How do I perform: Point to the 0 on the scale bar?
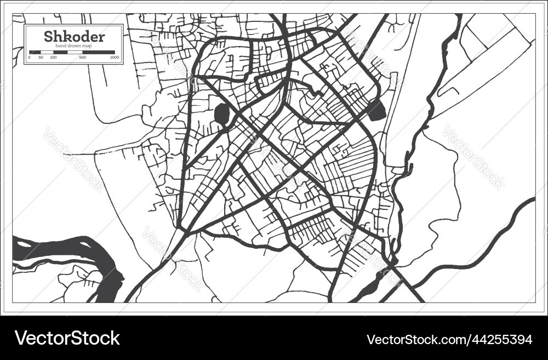[x=29, y=57]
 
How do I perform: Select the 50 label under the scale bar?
[x=41, y=57]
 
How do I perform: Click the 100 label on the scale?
[x=53, y=57]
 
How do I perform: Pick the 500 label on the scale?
[x=82, y=57]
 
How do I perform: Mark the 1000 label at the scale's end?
[x=114, y=57]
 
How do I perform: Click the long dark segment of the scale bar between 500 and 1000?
[x=99, y=53]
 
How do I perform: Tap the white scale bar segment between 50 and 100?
[x=47, y=53]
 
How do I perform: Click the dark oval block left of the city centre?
[x=222, y=115]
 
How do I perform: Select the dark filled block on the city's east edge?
[x=376, y=110]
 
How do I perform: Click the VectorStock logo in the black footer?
[x=67, y=338]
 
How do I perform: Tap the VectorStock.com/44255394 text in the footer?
[x=449, y=339]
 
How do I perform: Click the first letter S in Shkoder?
[x=48, y=37]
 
